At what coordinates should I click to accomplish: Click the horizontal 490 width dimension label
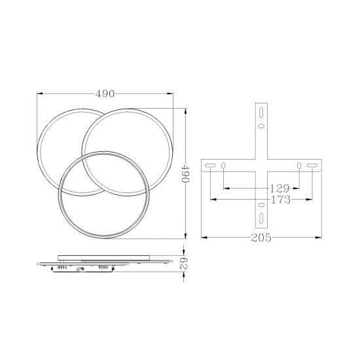tap(105, 94)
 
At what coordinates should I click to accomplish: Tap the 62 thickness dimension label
tap(183, 263)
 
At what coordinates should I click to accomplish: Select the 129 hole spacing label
tap(279, 189)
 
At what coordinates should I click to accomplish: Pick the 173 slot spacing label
tap(281, 200)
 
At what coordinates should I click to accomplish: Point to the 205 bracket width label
tap(261, 238)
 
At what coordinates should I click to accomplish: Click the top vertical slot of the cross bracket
tap(261, 113)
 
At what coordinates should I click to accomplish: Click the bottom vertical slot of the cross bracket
tap(261, 218)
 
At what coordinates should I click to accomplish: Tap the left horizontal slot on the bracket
tap(210, 166)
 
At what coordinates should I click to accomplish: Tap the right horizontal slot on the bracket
tap(312, 166)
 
